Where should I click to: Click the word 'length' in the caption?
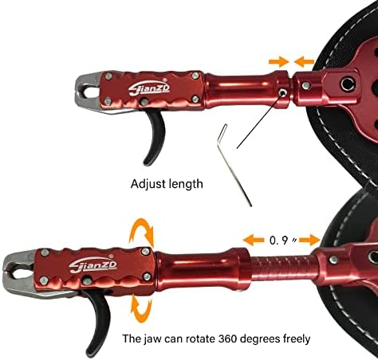[x=186, y=184]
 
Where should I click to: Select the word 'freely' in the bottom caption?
[x=297, y=339]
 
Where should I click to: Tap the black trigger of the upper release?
[x=155, y=137]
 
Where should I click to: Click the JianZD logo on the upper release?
[x=149, y=88]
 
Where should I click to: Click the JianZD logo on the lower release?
[x=93, y=264]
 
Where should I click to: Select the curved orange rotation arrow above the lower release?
[x=142, y=230]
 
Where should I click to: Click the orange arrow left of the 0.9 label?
[x=254, y=240]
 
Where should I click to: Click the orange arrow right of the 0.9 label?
[x=309, y=241]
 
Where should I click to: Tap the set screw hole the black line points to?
[x=282, y=92]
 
